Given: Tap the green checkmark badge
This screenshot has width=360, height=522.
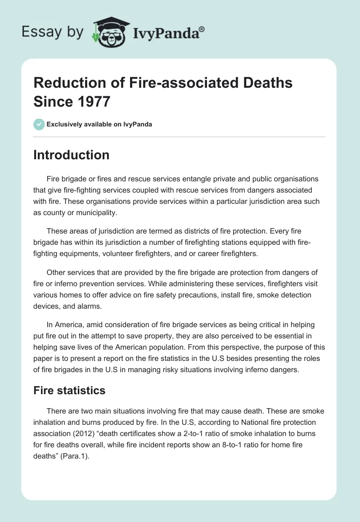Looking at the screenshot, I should (x=39, y=124).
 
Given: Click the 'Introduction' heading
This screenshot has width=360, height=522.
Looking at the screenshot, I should (x=72, y=155).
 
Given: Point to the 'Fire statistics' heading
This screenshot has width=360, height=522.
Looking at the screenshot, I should (x=69, y=390).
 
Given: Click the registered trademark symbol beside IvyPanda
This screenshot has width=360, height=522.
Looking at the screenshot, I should (x=202, y=29).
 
